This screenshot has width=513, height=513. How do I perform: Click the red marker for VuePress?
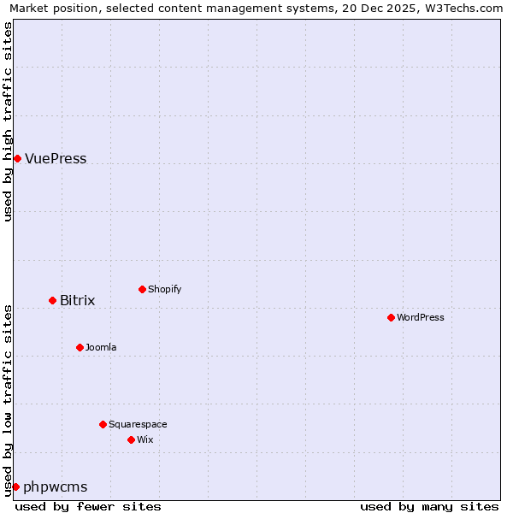click(x=17, y=158)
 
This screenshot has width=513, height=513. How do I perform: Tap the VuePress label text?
click(x=56, y=159)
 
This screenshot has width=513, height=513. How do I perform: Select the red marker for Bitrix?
click(x=52, y=300)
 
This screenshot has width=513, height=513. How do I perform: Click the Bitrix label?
click(x=77, y=301)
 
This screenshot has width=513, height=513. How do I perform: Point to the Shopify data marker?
click(x=142, y=289)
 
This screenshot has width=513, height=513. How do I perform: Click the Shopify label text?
click(x=164, y=289)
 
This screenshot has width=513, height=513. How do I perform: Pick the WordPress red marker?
click(x=391, y=317)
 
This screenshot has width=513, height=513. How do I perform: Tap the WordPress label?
click(x=420, y=317)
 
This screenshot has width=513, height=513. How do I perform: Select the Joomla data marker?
click(x=80, y=347)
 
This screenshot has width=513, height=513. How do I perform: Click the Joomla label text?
click(x=101, y=347)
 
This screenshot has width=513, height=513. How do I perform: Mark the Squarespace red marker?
click(x=103, y=424)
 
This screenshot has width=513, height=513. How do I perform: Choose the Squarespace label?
click(x=138, y=424)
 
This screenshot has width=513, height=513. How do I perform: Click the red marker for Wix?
click(x=131, y=439)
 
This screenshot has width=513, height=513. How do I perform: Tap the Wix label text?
click(x=144, y=439)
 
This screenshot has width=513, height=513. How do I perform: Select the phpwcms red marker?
click(x=15, y=486)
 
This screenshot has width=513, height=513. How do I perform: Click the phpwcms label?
click(x=55, y=487)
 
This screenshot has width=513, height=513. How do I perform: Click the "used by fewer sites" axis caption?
click(x=88, y=506)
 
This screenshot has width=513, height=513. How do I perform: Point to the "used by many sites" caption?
click(x=429, y=506)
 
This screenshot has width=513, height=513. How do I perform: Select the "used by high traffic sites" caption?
click(x=9, y=121)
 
